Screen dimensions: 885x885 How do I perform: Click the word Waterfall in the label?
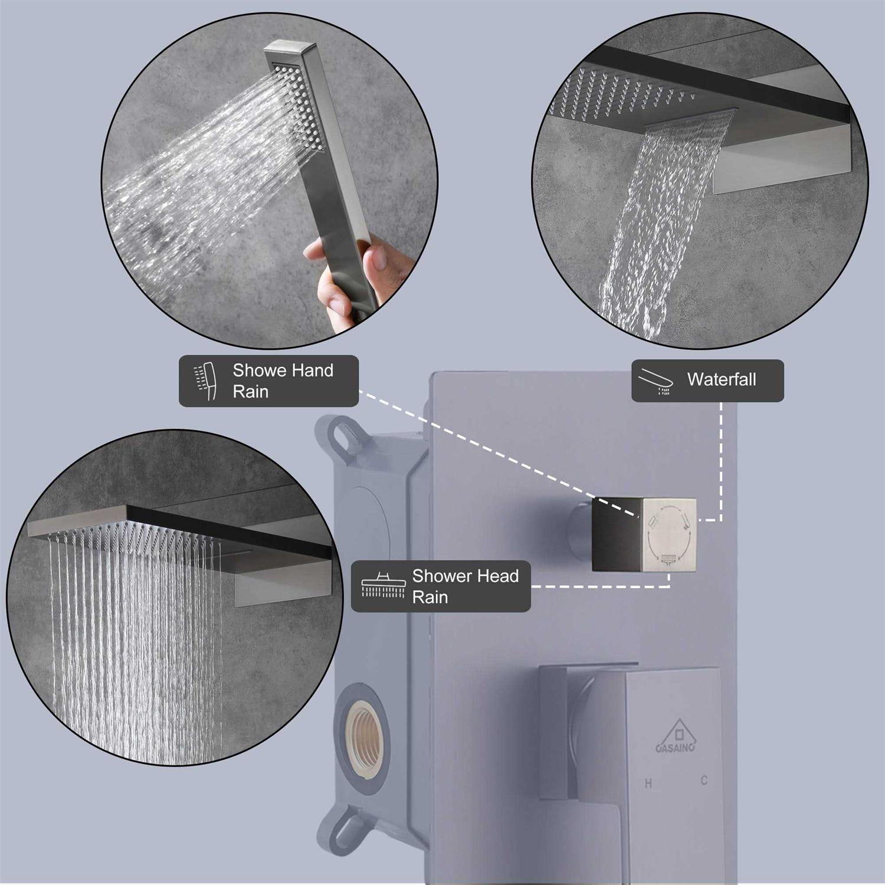coord(721,379)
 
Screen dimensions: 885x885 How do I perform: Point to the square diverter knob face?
coord(670,535)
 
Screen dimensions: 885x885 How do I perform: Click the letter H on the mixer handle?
coord(648,784)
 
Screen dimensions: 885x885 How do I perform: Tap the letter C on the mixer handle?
coord(704,781)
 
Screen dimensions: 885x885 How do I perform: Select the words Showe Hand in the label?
coord(283,371)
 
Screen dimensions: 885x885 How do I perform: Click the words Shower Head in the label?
coord(465,576)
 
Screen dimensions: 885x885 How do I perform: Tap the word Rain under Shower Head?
coord(430,597)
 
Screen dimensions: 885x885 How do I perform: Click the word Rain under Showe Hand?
coord(251,392)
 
